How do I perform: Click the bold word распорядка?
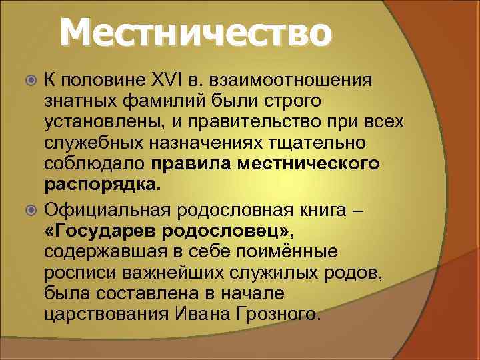pyautogui.click(x=101, y=183)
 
